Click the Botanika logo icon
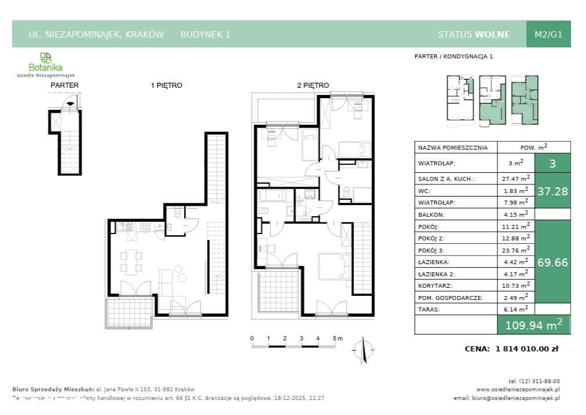tap(46, 57)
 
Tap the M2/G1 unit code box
tap(548, 34)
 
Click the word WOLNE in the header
tap(492, 34)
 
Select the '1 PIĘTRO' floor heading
tap(167, 86)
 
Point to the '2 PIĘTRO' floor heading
tap(313, 86)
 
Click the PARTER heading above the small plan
tap(64, 86)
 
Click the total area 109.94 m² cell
tap(534, 325)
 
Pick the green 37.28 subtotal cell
tap(552, 191)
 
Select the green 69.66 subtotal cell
tap(552, 262)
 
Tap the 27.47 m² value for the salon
tap(515, 179)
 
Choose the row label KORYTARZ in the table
tap(435, 286)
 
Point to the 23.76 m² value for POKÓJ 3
tap(515, 250)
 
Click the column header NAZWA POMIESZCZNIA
tap(449, 147)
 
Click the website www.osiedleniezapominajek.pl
tap(518, 389)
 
